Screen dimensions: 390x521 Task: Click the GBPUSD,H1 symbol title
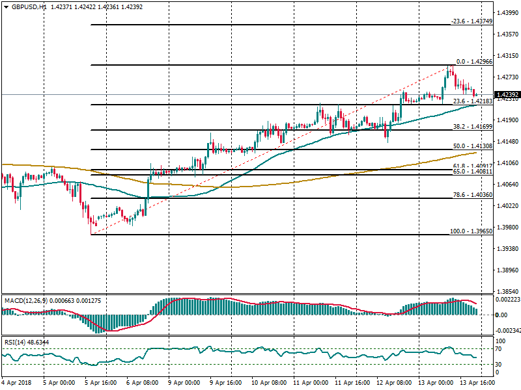[29, 6]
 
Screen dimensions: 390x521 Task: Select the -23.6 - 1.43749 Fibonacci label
[471, 21]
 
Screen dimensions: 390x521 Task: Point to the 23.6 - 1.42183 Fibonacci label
[472, 101]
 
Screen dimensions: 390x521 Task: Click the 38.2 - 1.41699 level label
[472, 126]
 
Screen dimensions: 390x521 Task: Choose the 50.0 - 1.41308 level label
[472, 146]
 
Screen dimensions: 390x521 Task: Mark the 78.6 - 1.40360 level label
[472, 195]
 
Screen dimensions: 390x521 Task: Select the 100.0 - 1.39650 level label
[471, 231]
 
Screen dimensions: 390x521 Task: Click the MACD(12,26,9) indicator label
[23, 300]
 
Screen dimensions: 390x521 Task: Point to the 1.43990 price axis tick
[507, 13]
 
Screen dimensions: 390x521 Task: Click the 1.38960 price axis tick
[507, 270]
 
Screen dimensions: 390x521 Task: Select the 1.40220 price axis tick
[507, 206]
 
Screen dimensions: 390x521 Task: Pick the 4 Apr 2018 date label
[16, 383]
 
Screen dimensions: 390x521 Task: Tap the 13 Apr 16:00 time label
[477, 383]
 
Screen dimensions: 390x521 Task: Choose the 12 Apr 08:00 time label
[393, 383]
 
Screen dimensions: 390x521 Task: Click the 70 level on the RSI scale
[501, 349]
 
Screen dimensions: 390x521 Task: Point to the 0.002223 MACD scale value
[507, 300]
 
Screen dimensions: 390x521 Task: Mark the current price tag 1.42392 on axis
[507, 95]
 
